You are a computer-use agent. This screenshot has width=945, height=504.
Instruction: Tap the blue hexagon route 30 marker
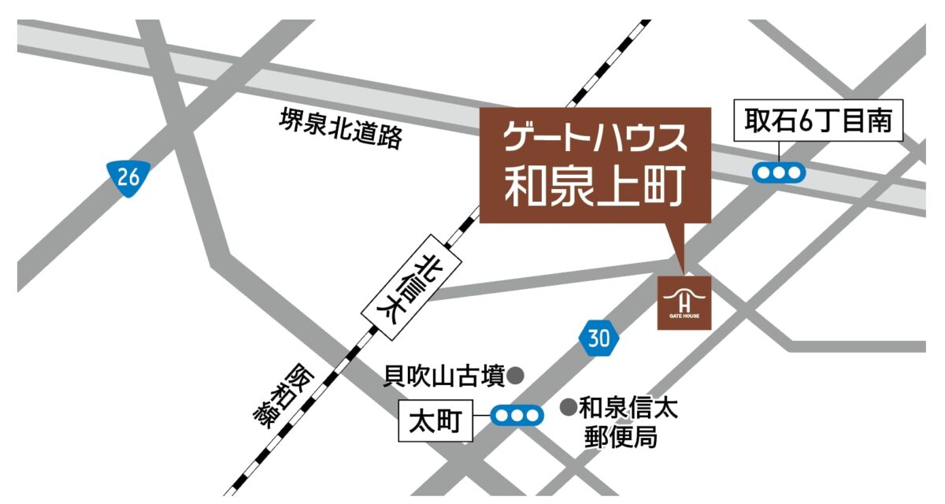tap(598, 339)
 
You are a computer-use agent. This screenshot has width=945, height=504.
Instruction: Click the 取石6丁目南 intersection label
tap(818, 121)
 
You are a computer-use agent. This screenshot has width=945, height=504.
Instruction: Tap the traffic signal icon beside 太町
tap(517, 414)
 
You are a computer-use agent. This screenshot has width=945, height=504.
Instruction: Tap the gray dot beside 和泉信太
tap(567, 407)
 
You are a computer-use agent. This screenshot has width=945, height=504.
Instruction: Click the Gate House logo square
tap(684, 302)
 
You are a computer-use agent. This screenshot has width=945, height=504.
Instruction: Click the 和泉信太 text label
tap(628, 408)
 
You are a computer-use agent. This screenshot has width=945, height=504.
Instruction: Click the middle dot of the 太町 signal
tap(517, 414)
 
